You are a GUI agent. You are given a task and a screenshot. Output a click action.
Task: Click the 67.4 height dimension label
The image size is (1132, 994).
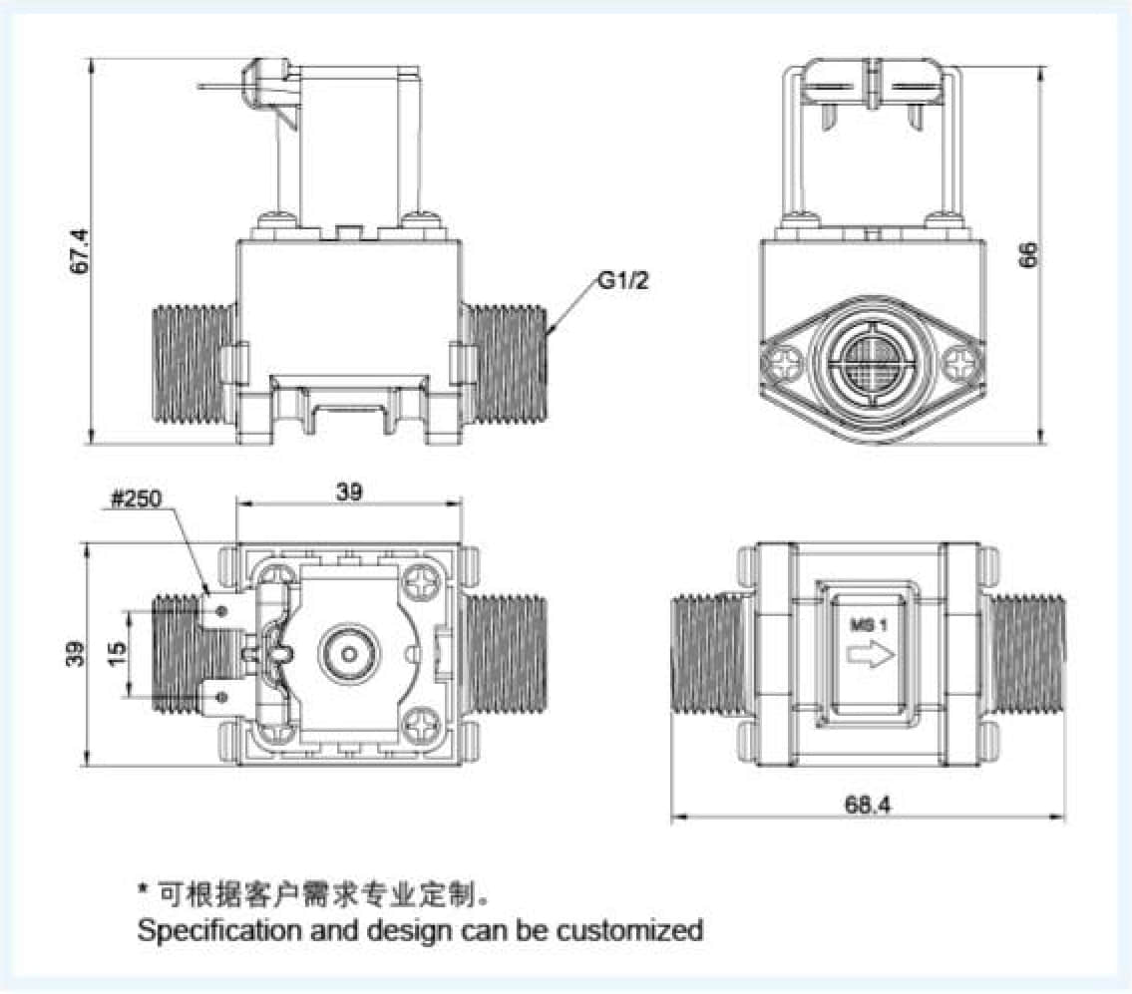81,251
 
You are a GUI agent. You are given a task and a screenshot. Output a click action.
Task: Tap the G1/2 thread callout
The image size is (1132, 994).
623,281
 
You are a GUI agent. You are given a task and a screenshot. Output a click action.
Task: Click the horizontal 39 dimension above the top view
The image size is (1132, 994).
349,491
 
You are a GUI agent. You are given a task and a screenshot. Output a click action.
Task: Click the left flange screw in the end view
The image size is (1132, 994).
782,363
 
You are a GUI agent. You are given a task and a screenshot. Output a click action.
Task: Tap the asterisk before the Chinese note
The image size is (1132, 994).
144,887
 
